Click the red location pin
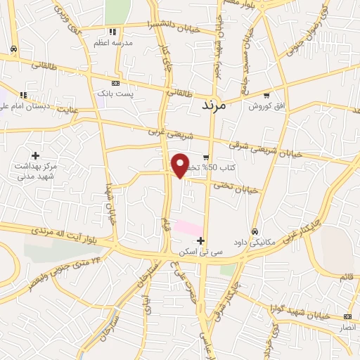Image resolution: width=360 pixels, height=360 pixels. [180, 166]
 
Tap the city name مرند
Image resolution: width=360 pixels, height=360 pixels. [212, 105]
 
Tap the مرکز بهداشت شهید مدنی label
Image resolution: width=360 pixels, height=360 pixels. [35, 172]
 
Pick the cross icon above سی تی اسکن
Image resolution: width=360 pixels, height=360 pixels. [202, 240]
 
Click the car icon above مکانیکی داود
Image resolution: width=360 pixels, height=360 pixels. [255, 231]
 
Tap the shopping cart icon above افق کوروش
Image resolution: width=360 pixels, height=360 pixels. [266, 94]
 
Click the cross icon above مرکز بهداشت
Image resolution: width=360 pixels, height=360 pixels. [35, 155]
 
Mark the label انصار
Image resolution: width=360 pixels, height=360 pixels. [348, 328]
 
